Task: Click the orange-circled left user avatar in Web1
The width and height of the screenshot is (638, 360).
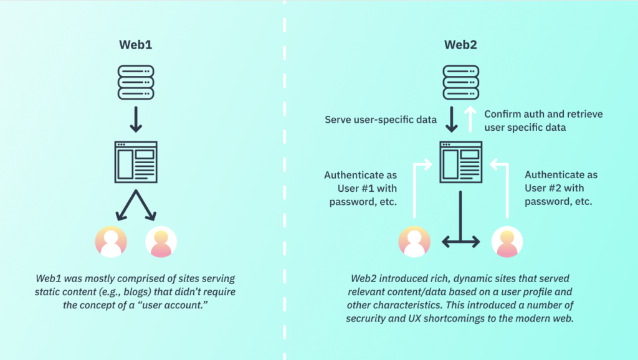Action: (x=111, y=241)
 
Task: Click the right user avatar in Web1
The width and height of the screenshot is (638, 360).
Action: (x=161, y=241)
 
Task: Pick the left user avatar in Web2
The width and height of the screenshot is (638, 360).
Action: (x=415, y=241)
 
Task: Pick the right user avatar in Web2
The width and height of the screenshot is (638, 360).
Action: (x=507, y=241)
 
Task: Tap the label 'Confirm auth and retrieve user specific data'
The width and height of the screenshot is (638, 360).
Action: (x=543, y=120)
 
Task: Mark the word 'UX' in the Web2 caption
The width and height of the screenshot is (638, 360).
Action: (x=434, y=318)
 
